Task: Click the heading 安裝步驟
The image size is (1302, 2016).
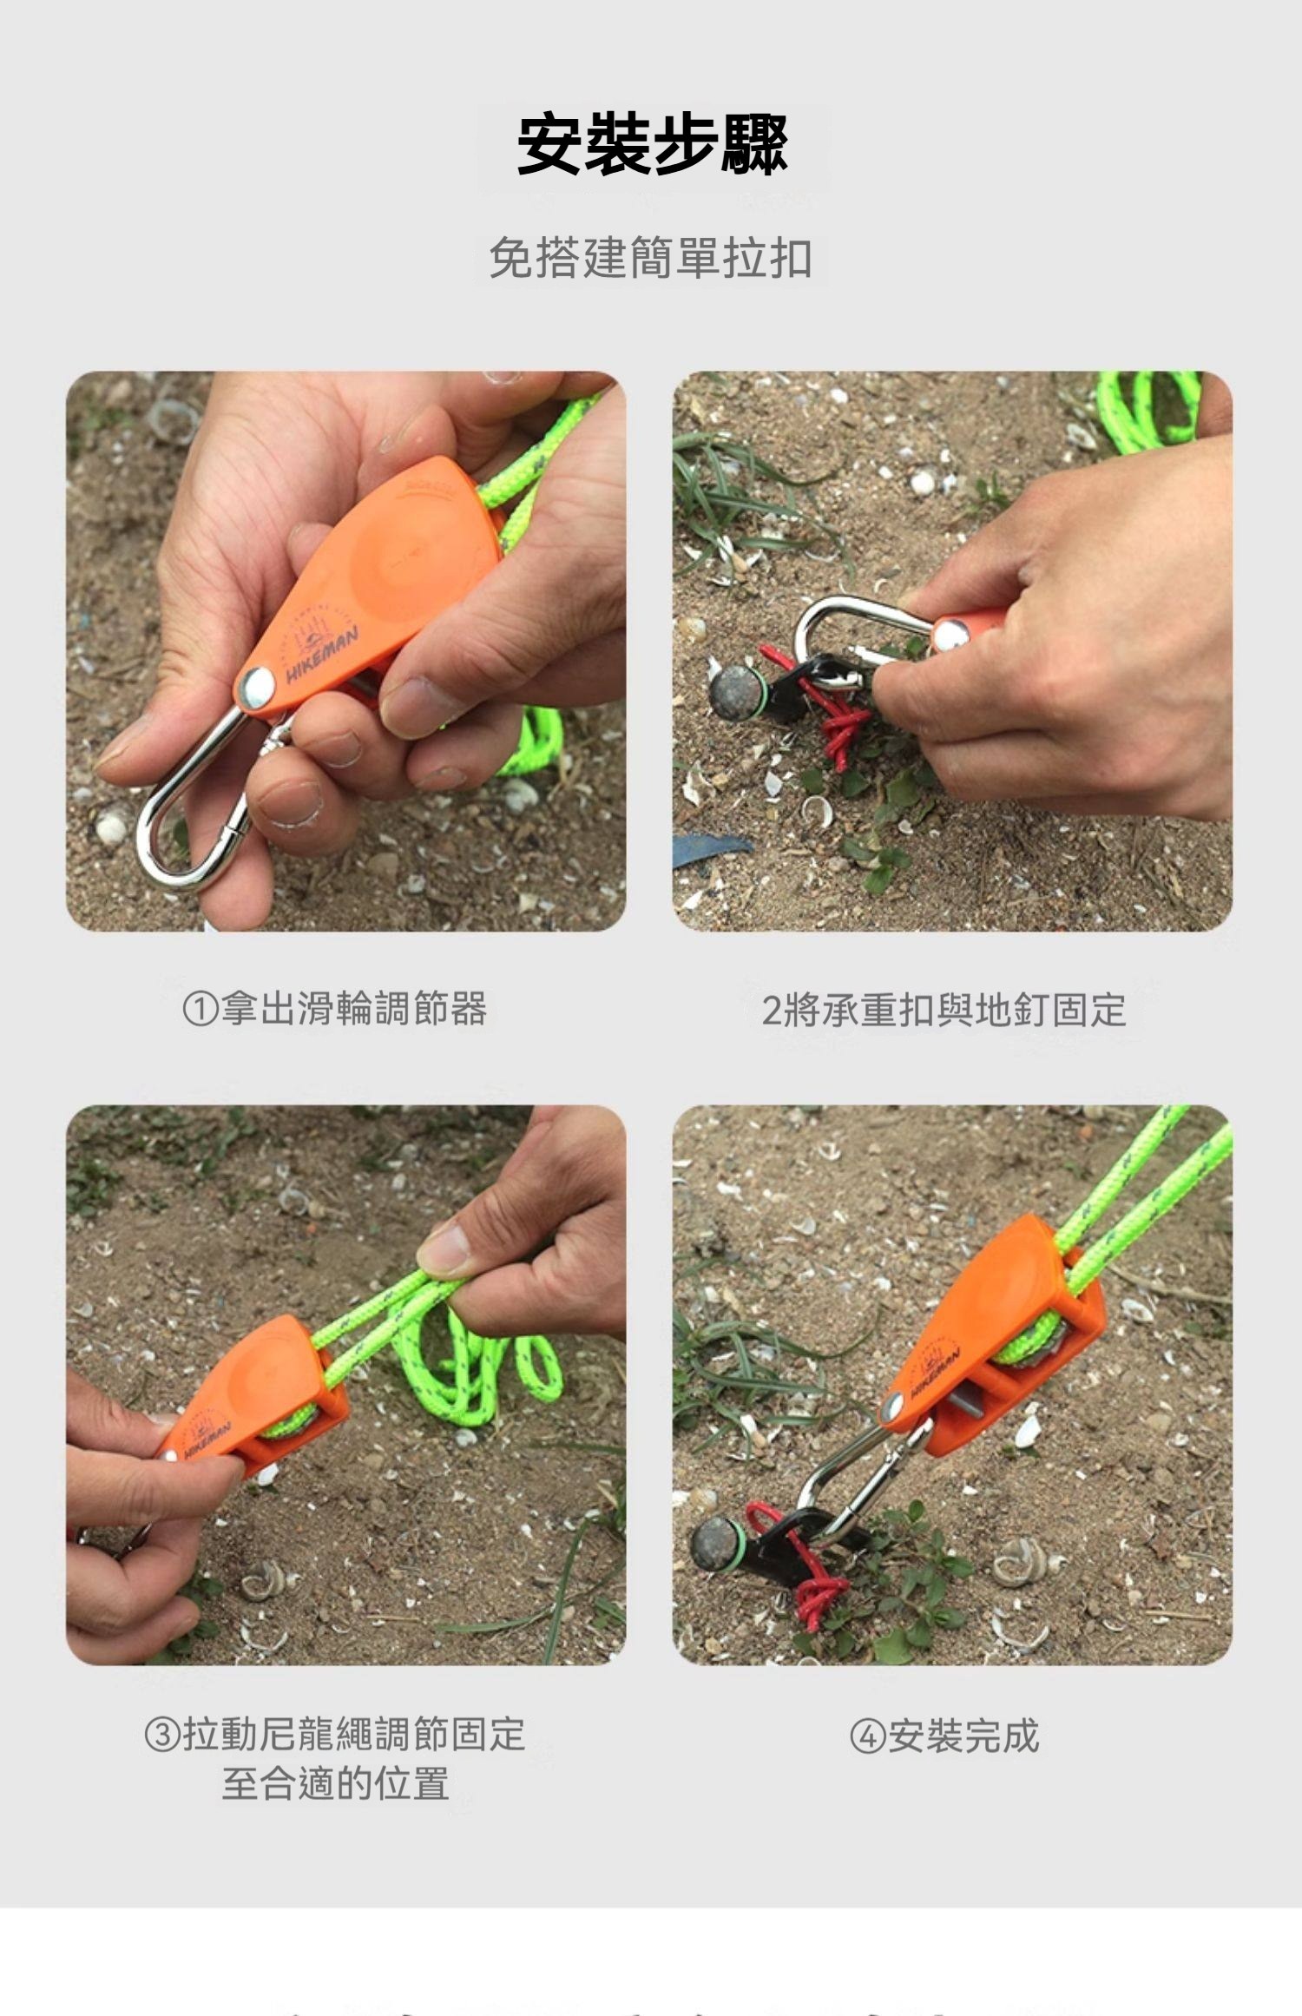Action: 652,145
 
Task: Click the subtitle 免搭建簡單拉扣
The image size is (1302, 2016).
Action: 650,259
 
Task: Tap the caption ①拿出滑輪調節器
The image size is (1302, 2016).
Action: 335,1008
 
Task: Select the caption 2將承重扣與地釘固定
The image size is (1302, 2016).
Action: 944,1010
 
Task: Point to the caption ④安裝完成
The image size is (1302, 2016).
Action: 944,1736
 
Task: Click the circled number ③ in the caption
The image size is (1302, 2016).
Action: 161,1736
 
